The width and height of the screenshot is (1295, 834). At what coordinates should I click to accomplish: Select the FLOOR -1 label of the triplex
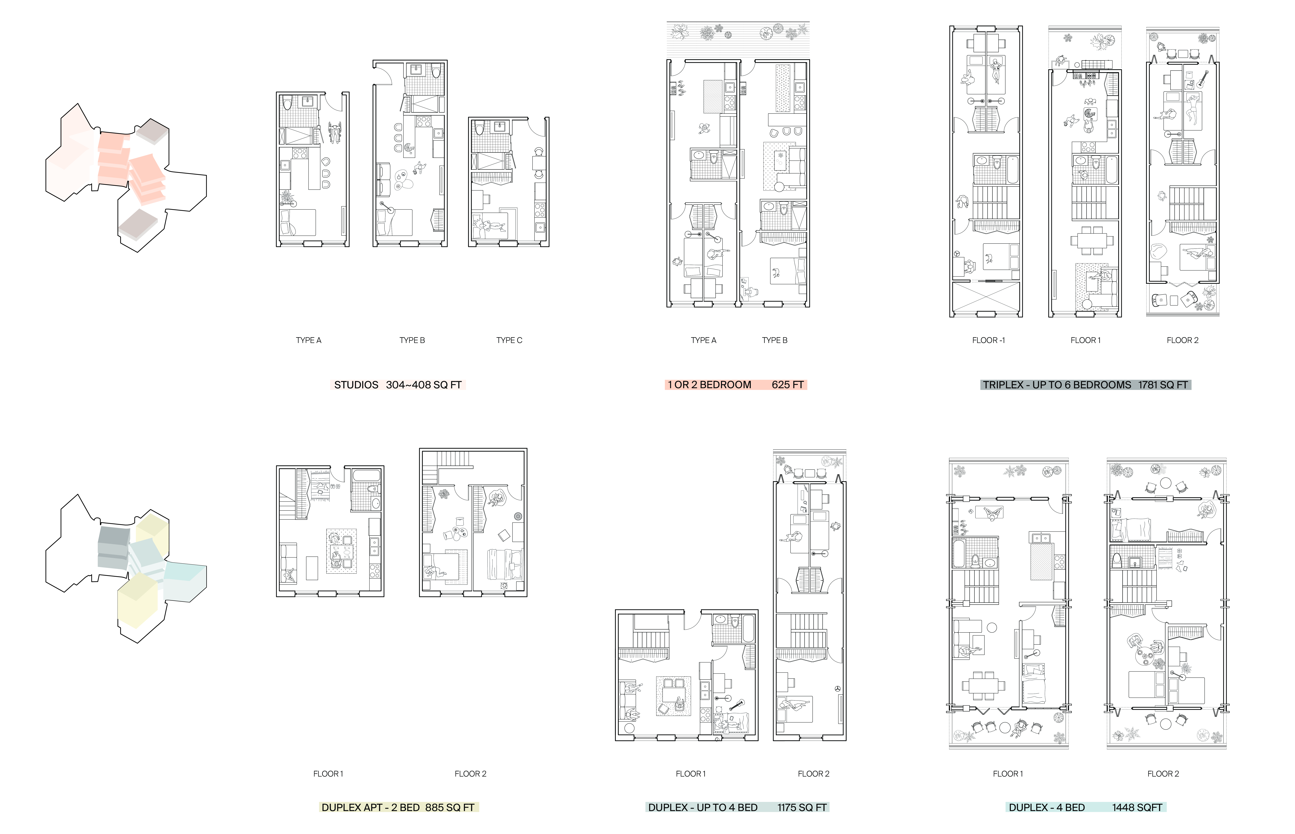coord(988,340)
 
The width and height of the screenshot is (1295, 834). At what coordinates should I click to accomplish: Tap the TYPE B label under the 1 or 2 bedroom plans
coord(774,340)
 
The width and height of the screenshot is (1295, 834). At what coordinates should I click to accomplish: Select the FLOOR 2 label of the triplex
coord(1182,340)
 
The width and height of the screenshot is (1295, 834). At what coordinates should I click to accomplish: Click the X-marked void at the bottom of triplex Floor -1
coord(986,297)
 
